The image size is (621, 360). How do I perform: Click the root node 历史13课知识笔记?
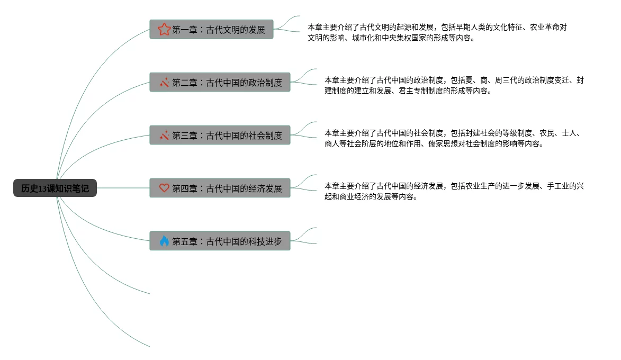55,188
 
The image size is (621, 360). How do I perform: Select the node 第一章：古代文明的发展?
211,29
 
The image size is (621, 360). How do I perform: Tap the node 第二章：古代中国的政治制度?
220,82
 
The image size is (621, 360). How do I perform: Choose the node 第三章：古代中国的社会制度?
220,135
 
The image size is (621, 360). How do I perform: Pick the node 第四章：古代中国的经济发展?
220,188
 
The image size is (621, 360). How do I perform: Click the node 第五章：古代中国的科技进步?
220,241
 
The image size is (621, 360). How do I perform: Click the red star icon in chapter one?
164,29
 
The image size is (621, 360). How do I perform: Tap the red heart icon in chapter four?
164,188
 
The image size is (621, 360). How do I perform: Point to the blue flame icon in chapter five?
164,241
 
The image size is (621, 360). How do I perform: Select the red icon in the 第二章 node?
164,82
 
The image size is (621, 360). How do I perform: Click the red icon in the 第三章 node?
164,135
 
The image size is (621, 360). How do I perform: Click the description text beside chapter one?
437,32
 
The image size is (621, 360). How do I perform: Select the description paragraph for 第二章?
454,85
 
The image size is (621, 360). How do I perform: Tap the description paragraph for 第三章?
454,138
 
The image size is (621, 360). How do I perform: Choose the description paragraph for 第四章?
454,191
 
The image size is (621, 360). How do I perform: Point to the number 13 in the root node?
43,188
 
